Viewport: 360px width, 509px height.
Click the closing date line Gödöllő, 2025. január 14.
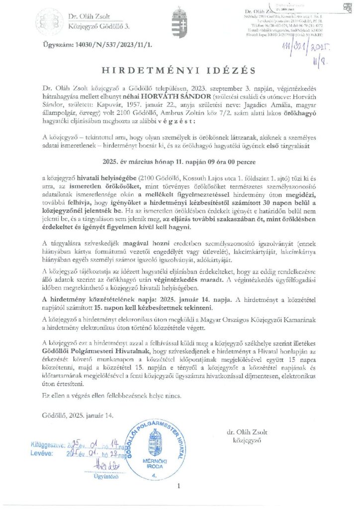click(x=79, y=415)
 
